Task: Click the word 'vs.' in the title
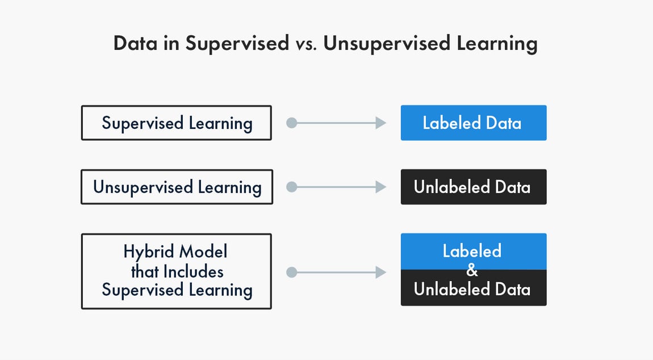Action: pyautogui.click(x=307, y=44)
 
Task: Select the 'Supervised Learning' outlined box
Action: pyautogui.click(x=176, y=123)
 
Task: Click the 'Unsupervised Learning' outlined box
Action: pyautogui.click(x=177, y=187)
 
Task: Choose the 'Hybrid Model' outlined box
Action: pyautogui.click(x=176, y=271)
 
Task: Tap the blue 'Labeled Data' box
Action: pyautogui.click(x=473, y=123)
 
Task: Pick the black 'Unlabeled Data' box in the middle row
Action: pyautogui.click(x=473, y=187)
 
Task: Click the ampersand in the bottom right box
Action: pyautogui.click(x=472, y=270)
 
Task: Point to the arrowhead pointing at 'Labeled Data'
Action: pyautogui.click(x=381, y=123)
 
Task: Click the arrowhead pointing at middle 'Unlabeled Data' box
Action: pyautogui.click(x=381, y=187)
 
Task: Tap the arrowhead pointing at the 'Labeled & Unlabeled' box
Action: pyautogui.click(x=381, y=273)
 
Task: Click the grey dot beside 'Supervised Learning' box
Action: pyautogui.click(x=291, y=123)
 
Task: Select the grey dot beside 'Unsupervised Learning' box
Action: pyautogui.click(x=291, y=187)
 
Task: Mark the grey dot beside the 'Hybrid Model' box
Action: pyautogui.click(x=291, y=273)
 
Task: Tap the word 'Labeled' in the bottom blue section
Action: pyautogui.click(x=472, y=251)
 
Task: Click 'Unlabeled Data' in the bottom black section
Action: pyautogui.click(x=472, y=289)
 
